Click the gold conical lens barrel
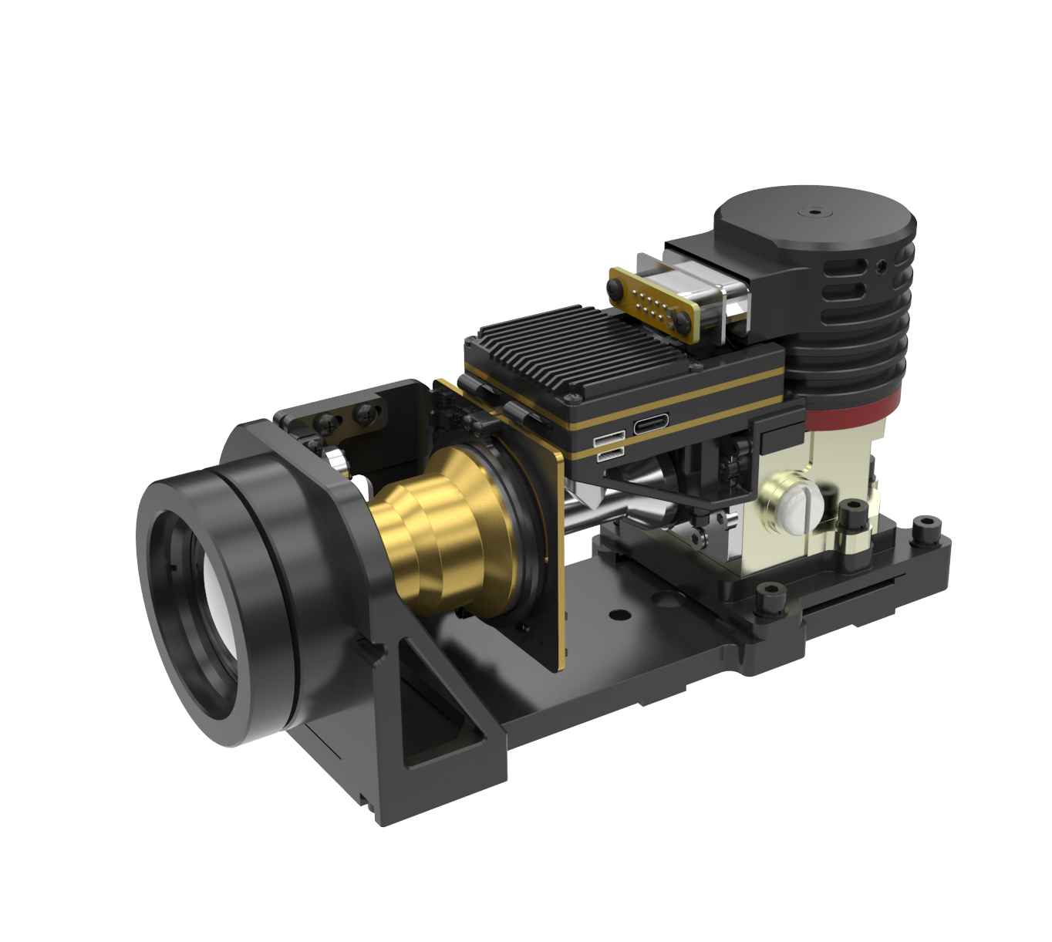coord(440,525)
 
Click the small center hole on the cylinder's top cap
coord(814,210)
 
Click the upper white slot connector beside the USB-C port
coord(609,440)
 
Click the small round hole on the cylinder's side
coord(882,267)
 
